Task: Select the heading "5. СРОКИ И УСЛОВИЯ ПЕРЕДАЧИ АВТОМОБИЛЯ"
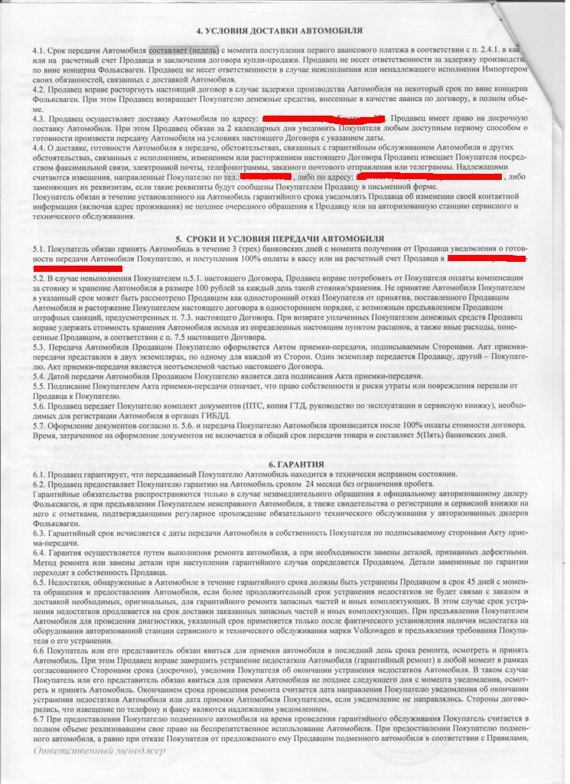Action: click(x=285, y=239)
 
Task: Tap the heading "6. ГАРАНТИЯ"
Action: click(x=285, y=465)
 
